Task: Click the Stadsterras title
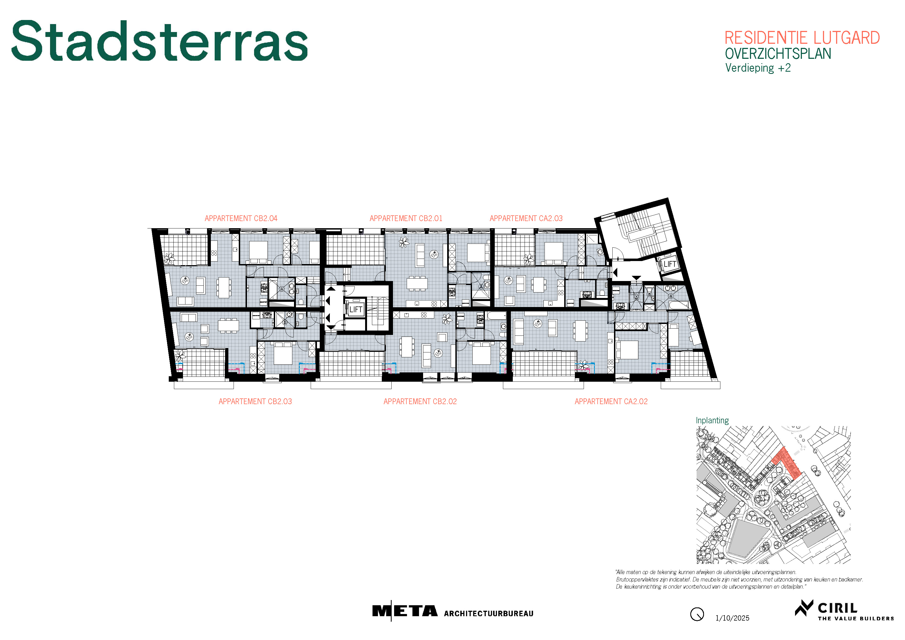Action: tap(160, 41)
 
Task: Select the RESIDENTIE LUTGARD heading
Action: tap(802, 38)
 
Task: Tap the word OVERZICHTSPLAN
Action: tap(778, 54)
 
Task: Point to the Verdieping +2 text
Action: tap(758, 68)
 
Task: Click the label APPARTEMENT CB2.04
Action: tap(241, 218)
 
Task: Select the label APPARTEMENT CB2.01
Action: tap(406, 218)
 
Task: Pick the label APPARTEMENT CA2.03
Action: tap(526, 218)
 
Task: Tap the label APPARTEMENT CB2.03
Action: tap(255, 401)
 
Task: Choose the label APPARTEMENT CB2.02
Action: tap(420, 401)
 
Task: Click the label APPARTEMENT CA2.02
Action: tap(611, 401)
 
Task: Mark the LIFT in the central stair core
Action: tap(356, 309)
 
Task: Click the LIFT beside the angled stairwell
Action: tap(670, 264)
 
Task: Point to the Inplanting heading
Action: tap(712, 420)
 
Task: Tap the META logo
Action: tap(405, 611)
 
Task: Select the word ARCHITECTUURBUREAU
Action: tap(488, 613)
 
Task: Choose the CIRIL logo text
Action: tap(837, 608)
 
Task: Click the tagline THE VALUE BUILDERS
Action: tap(856, 619)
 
